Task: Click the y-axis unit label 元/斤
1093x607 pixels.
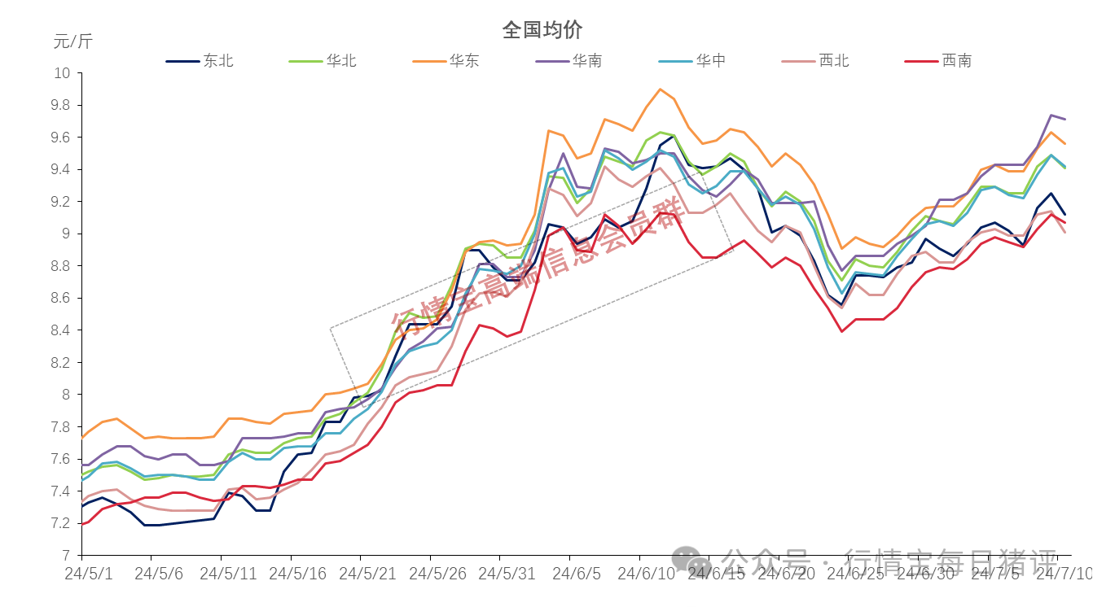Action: click(73, 41)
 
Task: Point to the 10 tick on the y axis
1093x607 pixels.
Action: click(64, 73)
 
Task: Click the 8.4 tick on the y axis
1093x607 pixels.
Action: click(62, 330)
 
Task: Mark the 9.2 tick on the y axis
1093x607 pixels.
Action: click(62, 202)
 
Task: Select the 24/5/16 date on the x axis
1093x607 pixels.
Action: click(298, 573)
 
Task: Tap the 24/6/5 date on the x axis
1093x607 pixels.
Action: click(577, 573)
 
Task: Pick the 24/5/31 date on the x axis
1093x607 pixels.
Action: click(507, 573)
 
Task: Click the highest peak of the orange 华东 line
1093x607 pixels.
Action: click(660, 90)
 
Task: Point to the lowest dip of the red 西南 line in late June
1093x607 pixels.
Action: click(842, 331)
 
